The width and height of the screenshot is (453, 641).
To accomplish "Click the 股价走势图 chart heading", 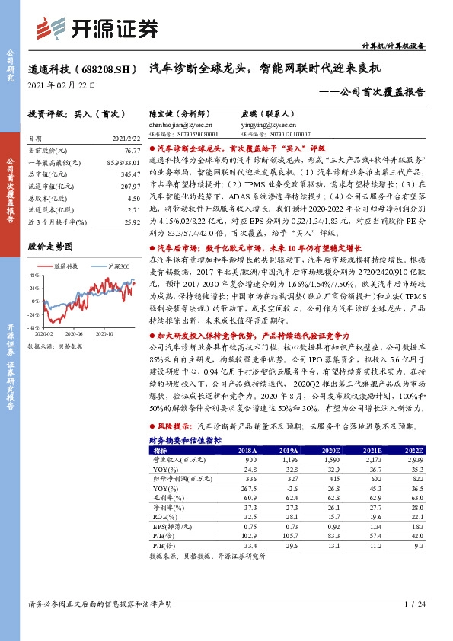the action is [50, 247].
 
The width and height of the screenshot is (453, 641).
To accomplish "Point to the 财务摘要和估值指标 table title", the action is [185, 440].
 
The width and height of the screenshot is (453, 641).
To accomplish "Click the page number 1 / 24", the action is [414, 625].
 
